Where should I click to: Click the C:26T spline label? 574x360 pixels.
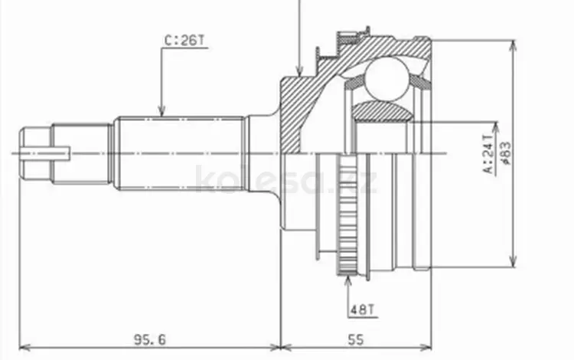point(184,41)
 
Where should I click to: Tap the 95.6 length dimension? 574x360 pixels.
point(150,340)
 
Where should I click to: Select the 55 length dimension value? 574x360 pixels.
point(356,340)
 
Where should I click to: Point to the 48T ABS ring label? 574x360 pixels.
point(363,309)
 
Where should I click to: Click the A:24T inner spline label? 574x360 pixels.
point(488,153)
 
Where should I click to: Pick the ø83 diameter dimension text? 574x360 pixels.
point(507,153)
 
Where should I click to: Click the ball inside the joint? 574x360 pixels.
point(387,79)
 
